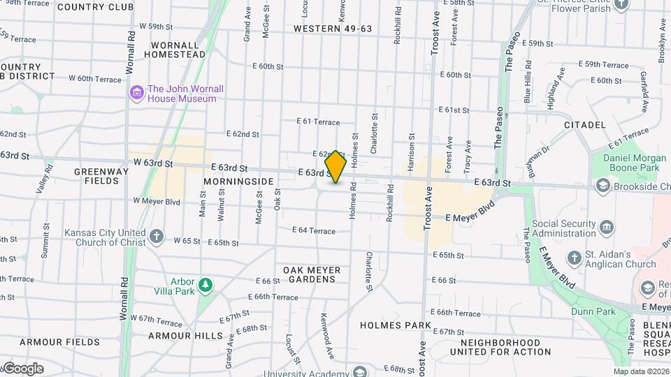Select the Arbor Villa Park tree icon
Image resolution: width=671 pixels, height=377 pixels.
coord(205,285)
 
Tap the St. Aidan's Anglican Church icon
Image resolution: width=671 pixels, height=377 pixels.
coord(574,258)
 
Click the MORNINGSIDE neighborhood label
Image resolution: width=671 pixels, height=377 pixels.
coord(238,182)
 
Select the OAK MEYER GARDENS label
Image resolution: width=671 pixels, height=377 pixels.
coord(312,274)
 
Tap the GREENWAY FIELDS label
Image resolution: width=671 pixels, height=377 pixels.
coord(101,176)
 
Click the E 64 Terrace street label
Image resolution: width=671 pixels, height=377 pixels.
coord(314,230)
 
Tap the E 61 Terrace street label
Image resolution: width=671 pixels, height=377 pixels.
coord(318,121)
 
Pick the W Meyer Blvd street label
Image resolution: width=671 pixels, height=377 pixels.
coord(157,202)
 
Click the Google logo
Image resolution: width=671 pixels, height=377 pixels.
coord(23,369)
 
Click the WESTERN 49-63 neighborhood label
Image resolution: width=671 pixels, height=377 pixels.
coord(333,29)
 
